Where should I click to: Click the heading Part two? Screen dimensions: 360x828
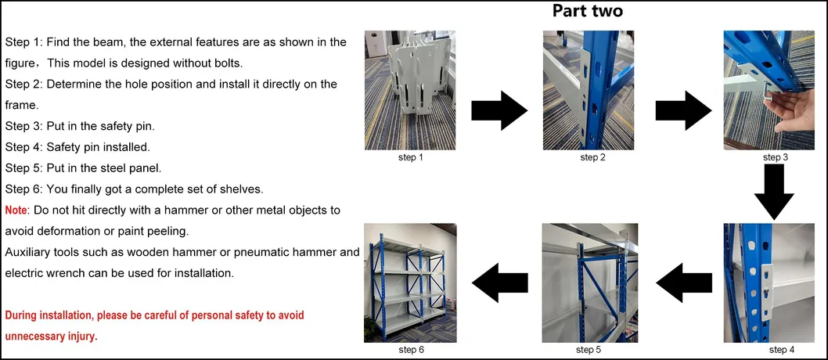(x=587, y=11)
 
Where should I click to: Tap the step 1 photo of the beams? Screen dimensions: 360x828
(x=410, y=91)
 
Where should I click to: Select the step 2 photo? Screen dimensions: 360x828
(x=588, y=91)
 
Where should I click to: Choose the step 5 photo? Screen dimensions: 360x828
(x=589, y=283)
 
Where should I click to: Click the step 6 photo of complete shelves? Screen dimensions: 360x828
(x=411, y=283)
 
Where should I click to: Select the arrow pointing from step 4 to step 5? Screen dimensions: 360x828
(x=683, y=282)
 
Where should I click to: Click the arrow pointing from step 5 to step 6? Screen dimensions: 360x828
(x=499, y=282)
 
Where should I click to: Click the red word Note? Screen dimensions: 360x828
(x=16, y=211)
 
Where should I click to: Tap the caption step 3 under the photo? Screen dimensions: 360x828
(x=775, y=157)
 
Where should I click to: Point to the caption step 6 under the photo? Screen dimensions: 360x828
(x=410, y=349)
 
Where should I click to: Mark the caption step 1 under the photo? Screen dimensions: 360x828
(x=410, y=157)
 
